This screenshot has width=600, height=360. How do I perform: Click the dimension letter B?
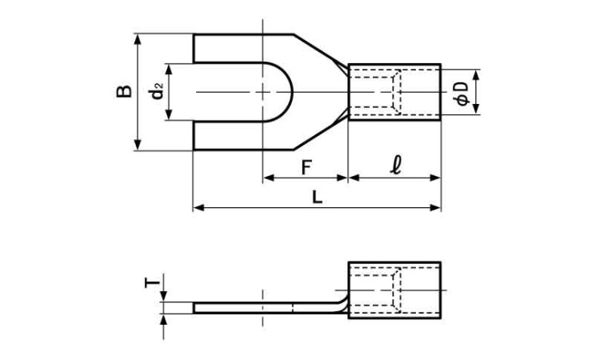point(124,92)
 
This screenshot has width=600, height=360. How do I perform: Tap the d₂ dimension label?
point(158,91)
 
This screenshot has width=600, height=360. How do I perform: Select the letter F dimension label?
point(306,167)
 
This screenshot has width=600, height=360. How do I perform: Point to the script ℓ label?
point(396,166)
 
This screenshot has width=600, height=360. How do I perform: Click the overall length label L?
point(318,197)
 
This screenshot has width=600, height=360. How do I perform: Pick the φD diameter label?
point(462,93)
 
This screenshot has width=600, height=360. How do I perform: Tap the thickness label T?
point(153,283)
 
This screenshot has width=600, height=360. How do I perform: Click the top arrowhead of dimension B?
point(138,39)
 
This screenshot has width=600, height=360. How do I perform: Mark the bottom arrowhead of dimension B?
point(138,146)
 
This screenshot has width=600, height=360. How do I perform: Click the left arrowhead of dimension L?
point(198,208)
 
